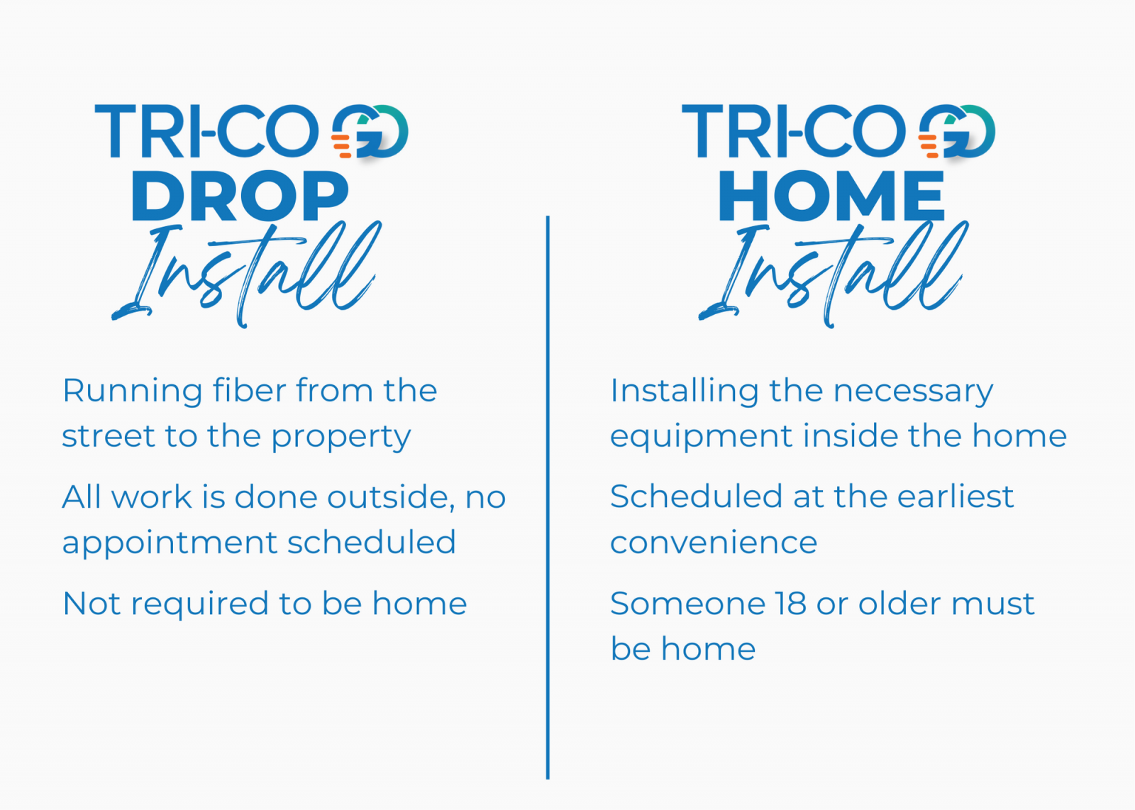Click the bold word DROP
[240, 196]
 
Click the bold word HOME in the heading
[831, 196]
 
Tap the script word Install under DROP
[246, 274]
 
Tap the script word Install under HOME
[834, 274]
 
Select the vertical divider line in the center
[548, 497]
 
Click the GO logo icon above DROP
[370, 132]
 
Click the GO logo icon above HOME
[957, 132]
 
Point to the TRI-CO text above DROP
[206, 131]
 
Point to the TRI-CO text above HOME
[794, 131]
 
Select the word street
[108, 436]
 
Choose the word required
[199, 604]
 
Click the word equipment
[702, 437]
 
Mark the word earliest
[955, 496]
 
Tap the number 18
[791, 604]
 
